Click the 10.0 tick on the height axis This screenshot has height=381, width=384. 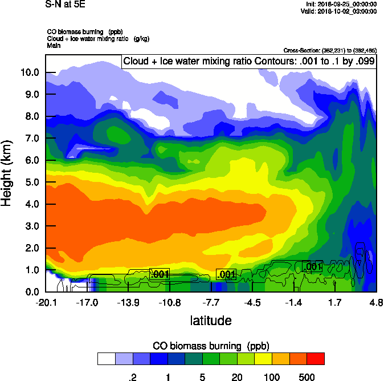tap(30, 72)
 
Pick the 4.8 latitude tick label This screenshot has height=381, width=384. tap(375, 302)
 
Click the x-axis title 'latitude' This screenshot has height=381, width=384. tap(210, 321)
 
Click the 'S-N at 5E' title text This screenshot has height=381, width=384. tap(65, 4)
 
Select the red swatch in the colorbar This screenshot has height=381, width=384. tap(316, 358)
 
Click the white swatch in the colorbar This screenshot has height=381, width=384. tap(106, 358)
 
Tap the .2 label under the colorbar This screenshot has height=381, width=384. tap(133, 376)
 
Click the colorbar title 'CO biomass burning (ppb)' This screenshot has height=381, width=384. tap(211, 346)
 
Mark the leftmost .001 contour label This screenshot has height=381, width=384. tap(160, 274)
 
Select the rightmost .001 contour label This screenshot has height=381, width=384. tap(312, 266)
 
